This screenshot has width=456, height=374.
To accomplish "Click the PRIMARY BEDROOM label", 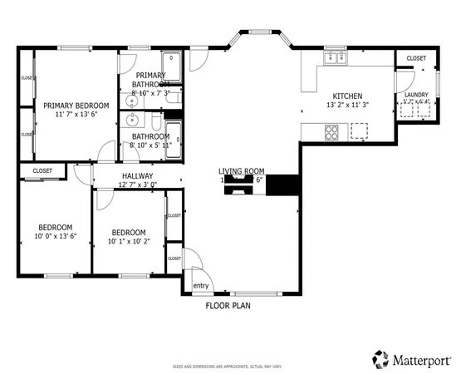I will point(71,105).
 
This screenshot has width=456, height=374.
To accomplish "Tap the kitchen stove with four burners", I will point(333,131).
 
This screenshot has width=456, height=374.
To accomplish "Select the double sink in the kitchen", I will point(336,57).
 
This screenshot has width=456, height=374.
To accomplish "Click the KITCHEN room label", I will point(347,95).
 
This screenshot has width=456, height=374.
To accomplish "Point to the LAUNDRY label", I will point(416,96).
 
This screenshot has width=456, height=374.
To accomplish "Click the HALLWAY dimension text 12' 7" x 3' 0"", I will point(138,185).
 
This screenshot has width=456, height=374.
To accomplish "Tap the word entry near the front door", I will point(201,286).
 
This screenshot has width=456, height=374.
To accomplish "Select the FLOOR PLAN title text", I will point(228,306).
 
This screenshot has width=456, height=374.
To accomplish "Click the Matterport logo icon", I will point(381,358).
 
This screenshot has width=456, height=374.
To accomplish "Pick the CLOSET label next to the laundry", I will point(416,58).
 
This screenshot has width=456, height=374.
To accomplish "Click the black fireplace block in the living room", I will point(284,185).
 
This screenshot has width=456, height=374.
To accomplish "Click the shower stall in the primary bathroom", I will point(170,62).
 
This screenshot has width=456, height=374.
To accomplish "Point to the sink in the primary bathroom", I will point(130,101).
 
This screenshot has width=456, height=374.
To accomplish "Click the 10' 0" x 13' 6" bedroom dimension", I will point(56,236).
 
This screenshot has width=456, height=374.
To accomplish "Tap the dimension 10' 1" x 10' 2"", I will point(129,242).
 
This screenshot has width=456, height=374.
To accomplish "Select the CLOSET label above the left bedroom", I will point(42,171).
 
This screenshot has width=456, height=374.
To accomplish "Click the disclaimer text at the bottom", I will point(228,366).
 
